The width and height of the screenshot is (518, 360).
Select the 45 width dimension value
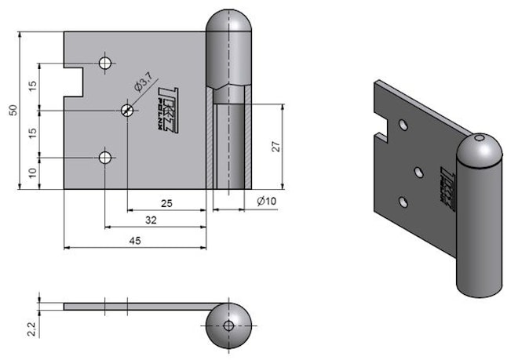tap(135, 241)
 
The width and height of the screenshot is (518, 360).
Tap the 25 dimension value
tap(166, 203)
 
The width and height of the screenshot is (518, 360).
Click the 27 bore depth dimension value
tap(275, 146)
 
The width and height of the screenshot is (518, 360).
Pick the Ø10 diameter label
tap(268, 202)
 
